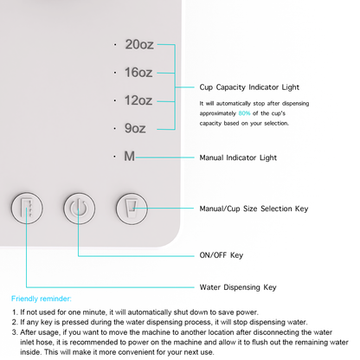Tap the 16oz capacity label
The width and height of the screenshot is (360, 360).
[138, 72]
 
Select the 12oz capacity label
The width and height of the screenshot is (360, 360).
[138, 100]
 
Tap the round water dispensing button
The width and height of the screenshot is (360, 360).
[26, 209]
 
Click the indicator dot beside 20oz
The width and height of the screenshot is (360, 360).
[113, 44]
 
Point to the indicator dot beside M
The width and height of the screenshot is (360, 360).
[113, 157]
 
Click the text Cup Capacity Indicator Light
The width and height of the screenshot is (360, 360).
[250, 87]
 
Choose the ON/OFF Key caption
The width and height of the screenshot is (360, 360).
[221, 255]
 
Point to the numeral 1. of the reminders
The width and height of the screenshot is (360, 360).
[14, 312]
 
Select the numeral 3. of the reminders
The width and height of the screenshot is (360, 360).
[14, 331]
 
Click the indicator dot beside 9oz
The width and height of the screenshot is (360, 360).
[113, 128]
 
